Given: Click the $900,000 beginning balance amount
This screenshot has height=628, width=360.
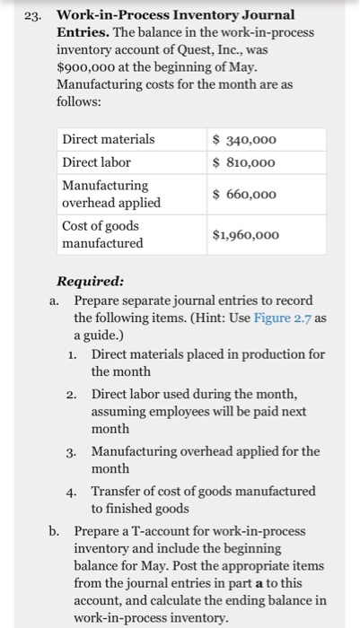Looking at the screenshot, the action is tap(85, 66).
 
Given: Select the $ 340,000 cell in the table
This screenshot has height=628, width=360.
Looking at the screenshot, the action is tap(244, 139).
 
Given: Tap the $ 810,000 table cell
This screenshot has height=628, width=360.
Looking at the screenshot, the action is tap(244, 162).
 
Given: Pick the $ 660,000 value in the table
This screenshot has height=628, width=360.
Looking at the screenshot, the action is tap(244, 195).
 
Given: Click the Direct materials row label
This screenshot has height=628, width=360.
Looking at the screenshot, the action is tap(108, 139).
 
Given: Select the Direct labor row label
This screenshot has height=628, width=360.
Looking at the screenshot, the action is tap(96, 162).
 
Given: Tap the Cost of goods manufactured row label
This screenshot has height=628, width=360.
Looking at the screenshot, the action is tap(102, 235).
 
